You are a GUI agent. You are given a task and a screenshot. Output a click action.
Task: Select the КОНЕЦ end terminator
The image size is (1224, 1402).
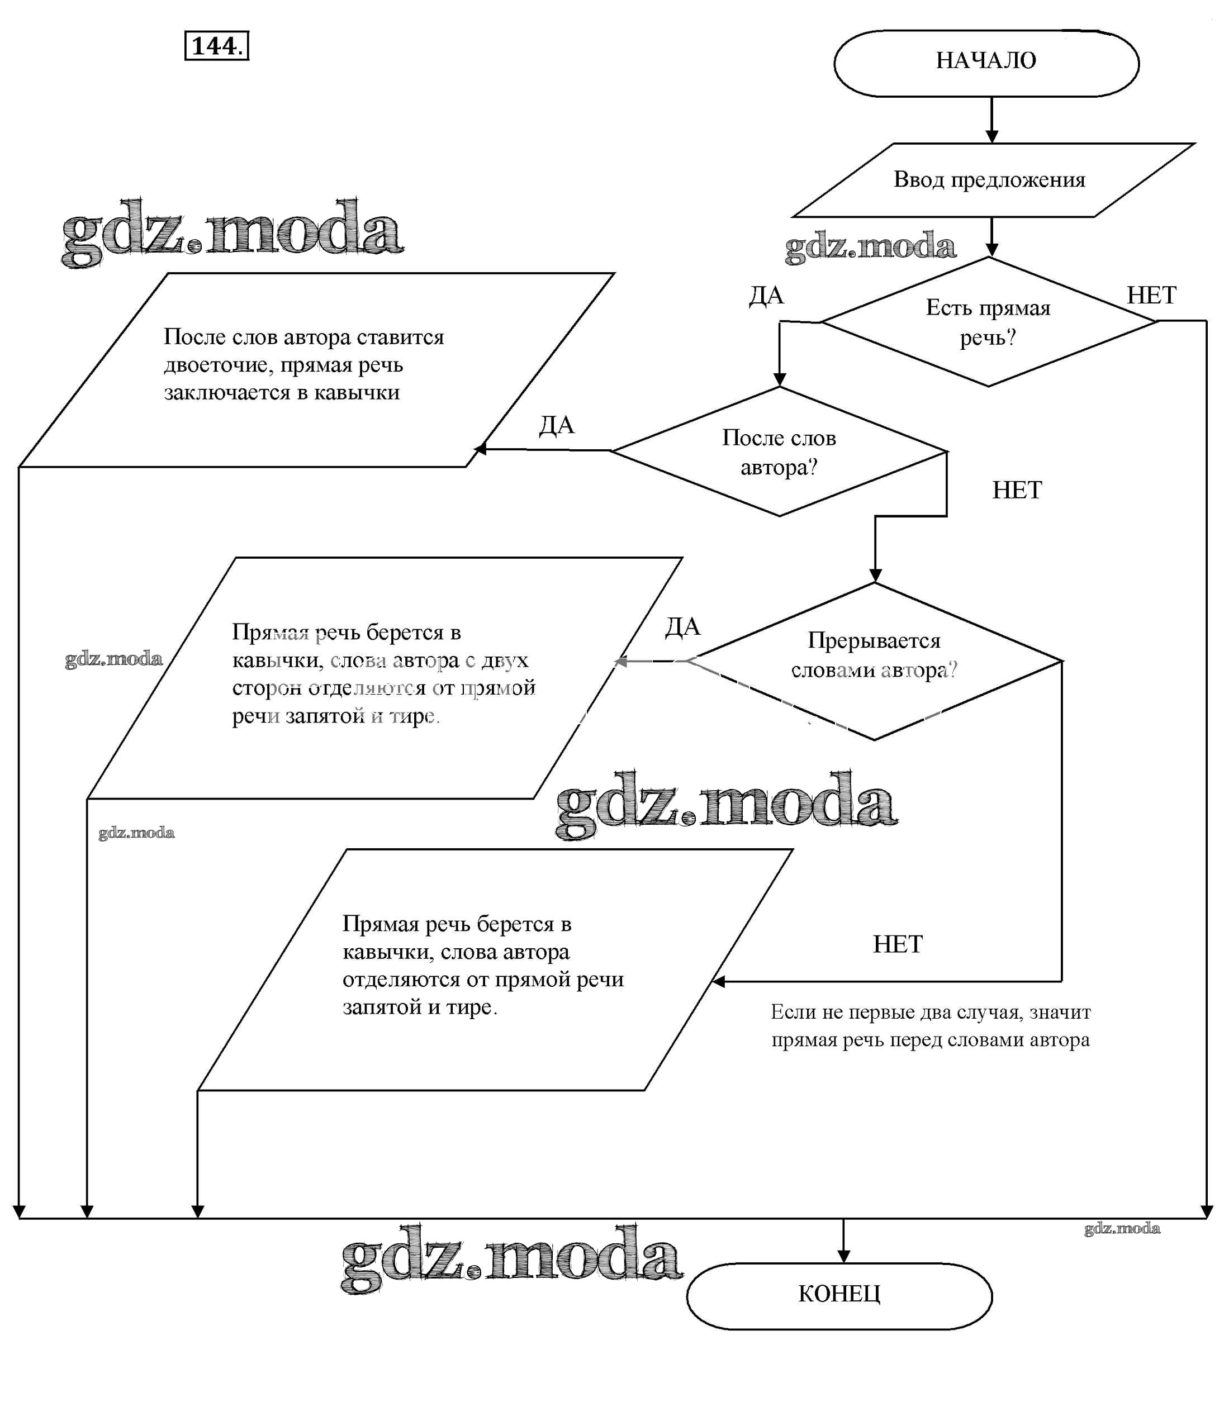click(x=839, y=1294)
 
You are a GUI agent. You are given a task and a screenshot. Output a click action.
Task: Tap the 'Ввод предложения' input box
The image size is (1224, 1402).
click(x=989, y=179)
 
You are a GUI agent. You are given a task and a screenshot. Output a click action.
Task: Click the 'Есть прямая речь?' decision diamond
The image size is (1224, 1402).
click(x=988, y=322)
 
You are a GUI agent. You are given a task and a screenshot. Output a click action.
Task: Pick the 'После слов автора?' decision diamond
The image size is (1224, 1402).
click(x=779, y=452)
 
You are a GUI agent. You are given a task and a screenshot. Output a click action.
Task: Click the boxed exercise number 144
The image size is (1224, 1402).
click(x=216, y=46)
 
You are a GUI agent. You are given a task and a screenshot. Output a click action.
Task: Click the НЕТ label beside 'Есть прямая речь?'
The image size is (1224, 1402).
click(x=1151, y=295)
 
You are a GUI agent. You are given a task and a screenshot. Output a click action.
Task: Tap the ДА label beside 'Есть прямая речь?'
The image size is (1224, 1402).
click(x=766, y=296)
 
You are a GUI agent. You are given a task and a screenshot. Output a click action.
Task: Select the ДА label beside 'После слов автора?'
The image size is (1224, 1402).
click(x=557, y=425)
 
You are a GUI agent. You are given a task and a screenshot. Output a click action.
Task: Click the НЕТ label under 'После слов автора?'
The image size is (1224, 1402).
click(x=1016, y=490)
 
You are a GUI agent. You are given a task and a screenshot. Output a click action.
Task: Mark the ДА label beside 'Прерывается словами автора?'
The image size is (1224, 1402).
click(x=682, y=627)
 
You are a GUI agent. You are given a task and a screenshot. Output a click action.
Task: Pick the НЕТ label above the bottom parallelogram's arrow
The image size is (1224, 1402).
click(x=898, y=944)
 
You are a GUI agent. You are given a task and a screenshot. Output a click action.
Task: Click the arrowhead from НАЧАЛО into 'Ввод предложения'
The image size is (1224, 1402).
click(x=991, y=136)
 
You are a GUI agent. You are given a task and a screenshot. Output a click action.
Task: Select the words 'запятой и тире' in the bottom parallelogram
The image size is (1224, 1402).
click(x=419, y=1006)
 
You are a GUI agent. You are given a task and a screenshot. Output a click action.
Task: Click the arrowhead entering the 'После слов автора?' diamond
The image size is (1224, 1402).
click(x=779, y=379)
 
